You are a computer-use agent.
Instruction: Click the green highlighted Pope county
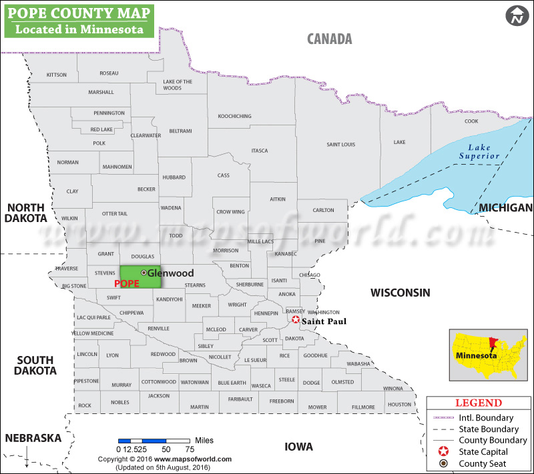coord(140,277)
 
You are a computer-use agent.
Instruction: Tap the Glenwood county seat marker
coord(144,273)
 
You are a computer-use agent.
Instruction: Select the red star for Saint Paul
coord(296,320)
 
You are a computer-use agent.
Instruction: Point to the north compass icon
coord(516,17)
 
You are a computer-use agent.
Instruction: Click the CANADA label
coord(329,39)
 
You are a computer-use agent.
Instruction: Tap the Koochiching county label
coord(234,117)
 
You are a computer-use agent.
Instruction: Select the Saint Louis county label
coord(340,145)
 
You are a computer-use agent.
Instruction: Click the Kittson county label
coord(57,75)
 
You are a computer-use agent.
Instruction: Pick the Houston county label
coord(399,405)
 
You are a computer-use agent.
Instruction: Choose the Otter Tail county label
coord(114,213)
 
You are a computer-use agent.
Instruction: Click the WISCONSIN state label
coord(400,293)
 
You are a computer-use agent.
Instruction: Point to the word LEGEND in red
coord(478,403)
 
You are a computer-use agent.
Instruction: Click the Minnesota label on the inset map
coord(475,356)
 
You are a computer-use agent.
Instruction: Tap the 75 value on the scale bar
coord(190,449)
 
